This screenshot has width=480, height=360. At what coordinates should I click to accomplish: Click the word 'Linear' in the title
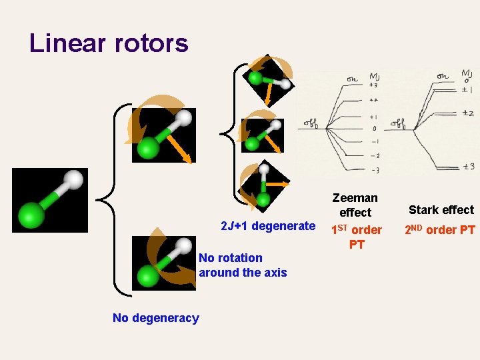pos(68,43)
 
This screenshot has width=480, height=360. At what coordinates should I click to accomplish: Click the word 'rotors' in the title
pos(151,43)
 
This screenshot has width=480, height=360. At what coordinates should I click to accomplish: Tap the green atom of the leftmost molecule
pos(31,214)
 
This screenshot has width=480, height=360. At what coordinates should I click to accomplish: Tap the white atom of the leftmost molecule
pos(75,180)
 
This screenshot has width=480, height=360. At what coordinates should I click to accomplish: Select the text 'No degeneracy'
pos(155,318)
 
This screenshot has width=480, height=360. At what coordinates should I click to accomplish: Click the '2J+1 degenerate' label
pos(267,226)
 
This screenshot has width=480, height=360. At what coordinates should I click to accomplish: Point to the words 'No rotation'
pos(231,258)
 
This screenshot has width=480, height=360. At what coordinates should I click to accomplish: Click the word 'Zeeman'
pos(355,198)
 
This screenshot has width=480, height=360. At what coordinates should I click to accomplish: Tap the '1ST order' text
pos(357,230)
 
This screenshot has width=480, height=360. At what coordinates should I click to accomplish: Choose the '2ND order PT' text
pos(440,230)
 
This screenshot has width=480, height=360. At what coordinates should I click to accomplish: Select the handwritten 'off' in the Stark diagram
pos(398,123)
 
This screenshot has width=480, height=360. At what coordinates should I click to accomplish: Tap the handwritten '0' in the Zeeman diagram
pos(375,128)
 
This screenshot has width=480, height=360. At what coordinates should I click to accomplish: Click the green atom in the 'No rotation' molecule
pos(147,274)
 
